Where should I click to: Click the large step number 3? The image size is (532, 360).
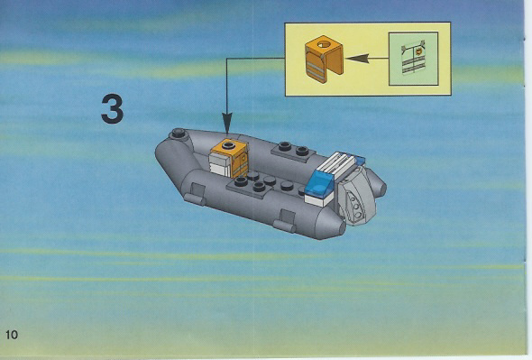pos(113,108)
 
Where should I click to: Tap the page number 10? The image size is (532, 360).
pos(11,335)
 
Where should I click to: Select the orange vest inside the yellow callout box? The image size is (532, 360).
pos(324,59)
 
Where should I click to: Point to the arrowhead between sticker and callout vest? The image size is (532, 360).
pos(357,59)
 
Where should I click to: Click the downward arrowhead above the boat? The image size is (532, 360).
pos(227,123)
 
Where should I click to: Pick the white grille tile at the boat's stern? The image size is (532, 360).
pos(336,166)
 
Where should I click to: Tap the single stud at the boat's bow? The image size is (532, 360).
pos(179,134)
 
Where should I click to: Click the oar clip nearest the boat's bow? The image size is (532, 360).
pos(195,194)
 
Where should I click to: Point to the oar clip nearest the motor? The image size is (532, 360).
pos(285,221)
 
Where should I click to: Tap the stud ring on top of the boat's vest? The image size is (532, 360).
pos(228,145)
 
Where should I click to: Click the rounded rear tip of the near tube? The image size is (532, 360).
pos(336,226)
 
